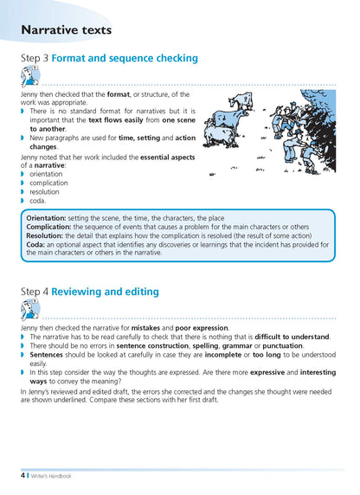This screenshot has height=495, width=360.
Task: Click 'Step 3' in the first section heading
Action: [34, 59]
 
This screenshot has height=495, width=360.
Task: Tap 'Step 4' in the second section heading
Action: [34, 292]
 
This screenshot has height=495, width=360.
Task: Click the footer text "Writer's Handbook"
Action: [50, 476]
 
